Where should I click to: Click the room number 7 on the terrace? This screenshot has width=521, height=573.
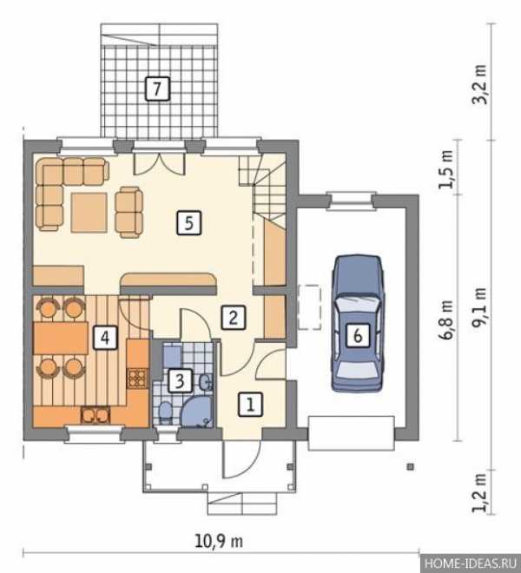pyautogui.click(x=157, y=89)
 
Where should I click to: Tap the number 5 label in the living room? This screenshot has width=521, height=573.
pyautogui.click(x=189, y=222)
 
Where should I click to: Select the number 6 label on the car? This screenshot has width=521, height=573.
pyautogui.click(x=358, y=335)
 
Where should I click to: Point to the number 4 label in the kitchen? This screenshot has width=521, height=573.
pyautogui.click(x=105, y=338)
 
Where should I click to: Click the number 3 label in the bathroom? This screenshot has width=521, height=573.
pyautogui.click(x=180, y=381)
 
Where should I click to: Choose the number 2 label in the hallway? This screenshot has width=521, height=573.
pyautogui.click(x=234, y=317)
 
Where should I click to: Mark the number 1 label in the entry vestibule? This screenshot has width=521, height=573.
pyautogui.click(x=250, y=405)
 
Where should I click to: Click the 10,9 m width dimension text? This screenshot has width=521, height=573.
pyautogui.click(x=219, y=541)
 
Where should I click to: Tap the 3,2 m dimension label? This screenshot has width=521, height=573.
pyautogui.click(x=480, y=85)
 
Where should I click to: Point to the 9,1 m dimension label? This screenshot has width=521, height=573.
pyautogui.click(x=479, y=307)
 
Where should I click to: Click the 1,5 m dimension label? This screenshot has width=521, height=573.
pyautogui.click(x=446, y=168)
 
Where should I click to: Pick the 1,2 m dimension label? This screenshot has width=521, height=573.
pyautogui.click(x=479, y=493)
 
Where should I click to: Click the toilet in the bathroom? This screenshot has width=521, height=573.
pyautogui.click(x=165, y=413)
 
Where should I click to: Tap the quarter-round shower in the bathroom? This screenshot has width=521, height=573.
pyautogui.click(x=196, y=412)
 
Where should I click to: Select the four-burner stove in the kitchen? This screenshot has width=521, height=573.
pyautogui.click(x=137, y=379)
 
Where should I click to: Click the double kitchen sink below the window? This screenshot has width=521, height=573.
pyautogui.click(x=95, y=415)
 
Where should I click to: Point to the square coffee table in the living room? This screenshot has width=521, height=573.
pyautogui.click(x=89, y=213)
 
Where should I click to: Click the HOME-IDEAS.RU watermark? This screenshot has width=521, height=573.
pyautogui.click(x=471, y=564)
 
